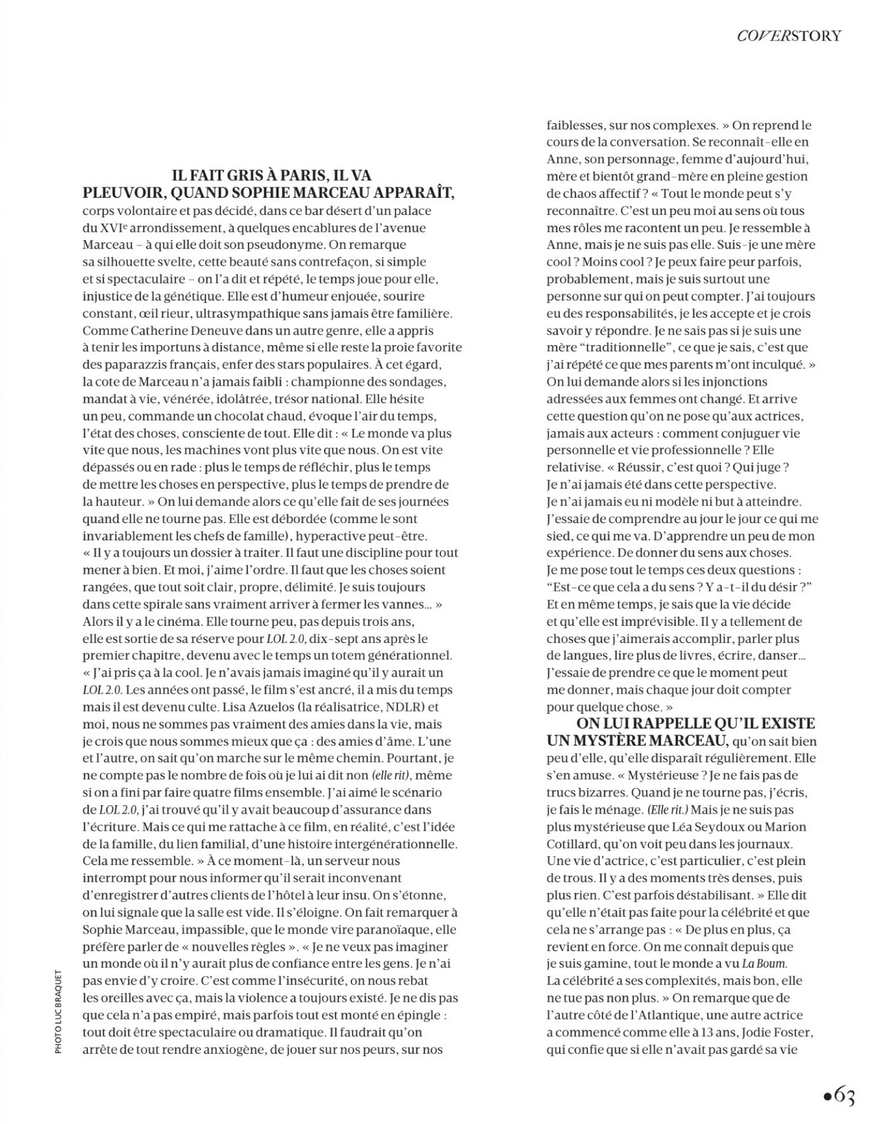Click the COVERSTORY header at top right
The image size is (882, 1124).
(x=789, y=35)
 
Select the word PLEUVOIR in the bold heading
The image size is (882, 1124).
(x=121, y=193)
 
